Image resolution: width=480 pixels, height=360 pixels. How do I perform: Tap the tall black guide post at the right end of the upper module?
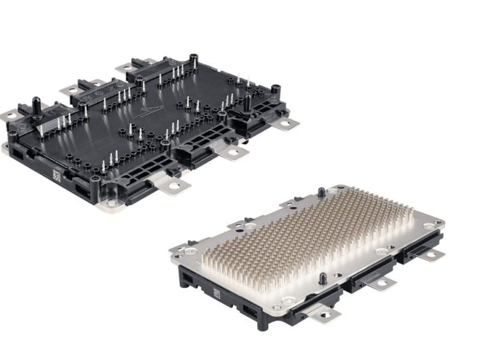(x=247, y=103)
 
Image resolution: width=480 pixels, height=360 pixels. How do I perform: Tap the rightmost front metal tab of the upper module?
(x=287, y=124)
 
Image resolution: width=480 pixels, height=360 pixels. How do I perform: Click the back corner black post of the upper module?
(x=194, y=59)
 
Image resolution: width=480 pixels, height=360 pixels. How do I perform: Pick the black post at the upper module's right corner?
(x=275, y=90)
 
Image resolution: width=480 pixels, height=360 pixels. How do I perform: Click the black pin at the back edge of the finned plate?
(x=321, y=192)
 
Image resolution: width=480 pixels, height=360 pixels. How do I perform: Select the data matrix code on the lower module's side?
(x=217, y=294)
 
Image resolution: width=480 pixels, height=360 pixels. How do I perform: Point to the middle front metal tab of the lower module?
(x=382, y=282)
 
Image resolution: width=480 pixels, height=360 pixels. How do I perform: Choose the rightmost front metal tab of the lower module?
(x=430, y=255)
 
